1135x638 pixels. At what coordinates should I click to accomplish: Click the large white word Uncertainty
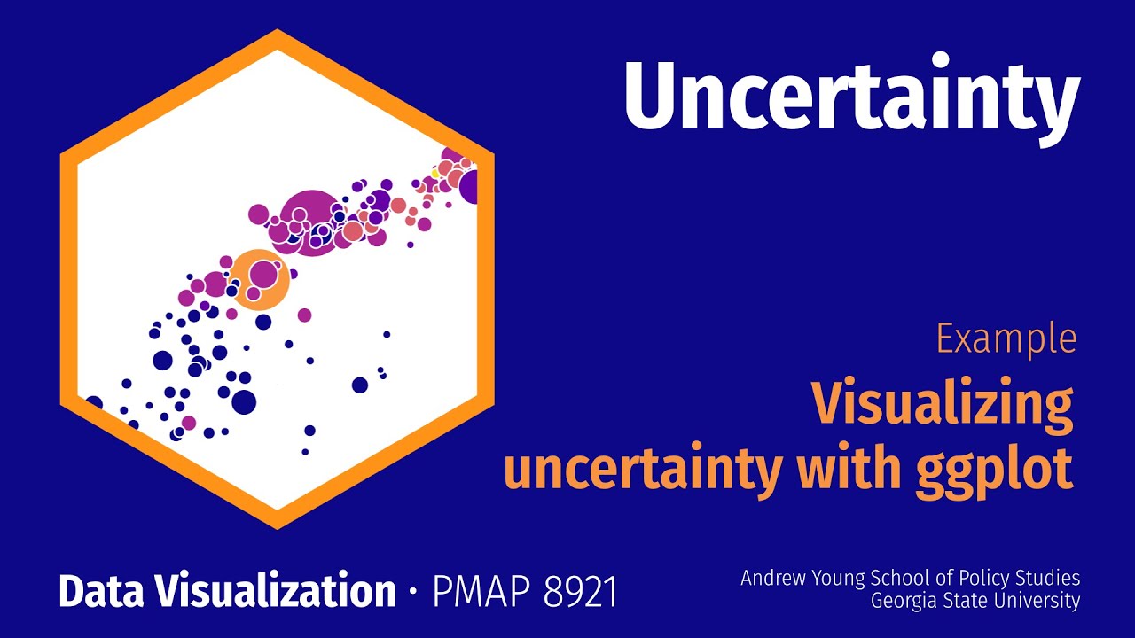[x=851, y=96]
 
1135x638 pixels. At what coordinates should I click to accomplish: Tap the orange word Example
[x=1006, y=339]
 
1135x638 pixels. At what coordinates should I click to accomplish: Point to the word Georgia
[x=904, y=601]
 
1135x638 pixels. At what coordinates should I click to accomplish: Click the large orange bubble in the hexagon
[x=260, y=278]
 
